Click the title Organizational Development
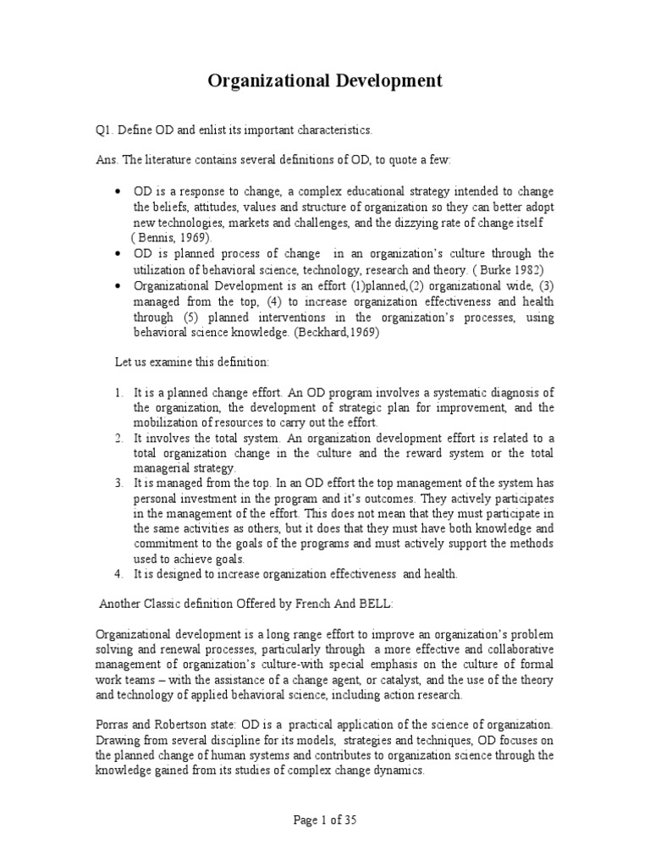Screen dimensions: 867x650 click(325, 81)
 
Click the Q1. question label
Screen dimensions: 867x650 click(104, 130)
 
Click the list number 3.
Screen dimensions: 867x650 click(119, 483)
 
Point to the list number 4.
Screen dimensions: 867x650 click(119, 574)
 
